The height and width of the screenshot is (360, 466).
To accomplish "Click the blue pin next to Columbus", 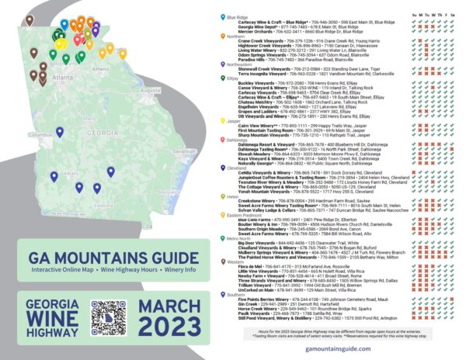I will coord(54,155).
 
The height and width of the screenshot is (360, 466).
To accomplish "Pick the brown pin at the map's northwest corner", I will coord(30,21).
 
